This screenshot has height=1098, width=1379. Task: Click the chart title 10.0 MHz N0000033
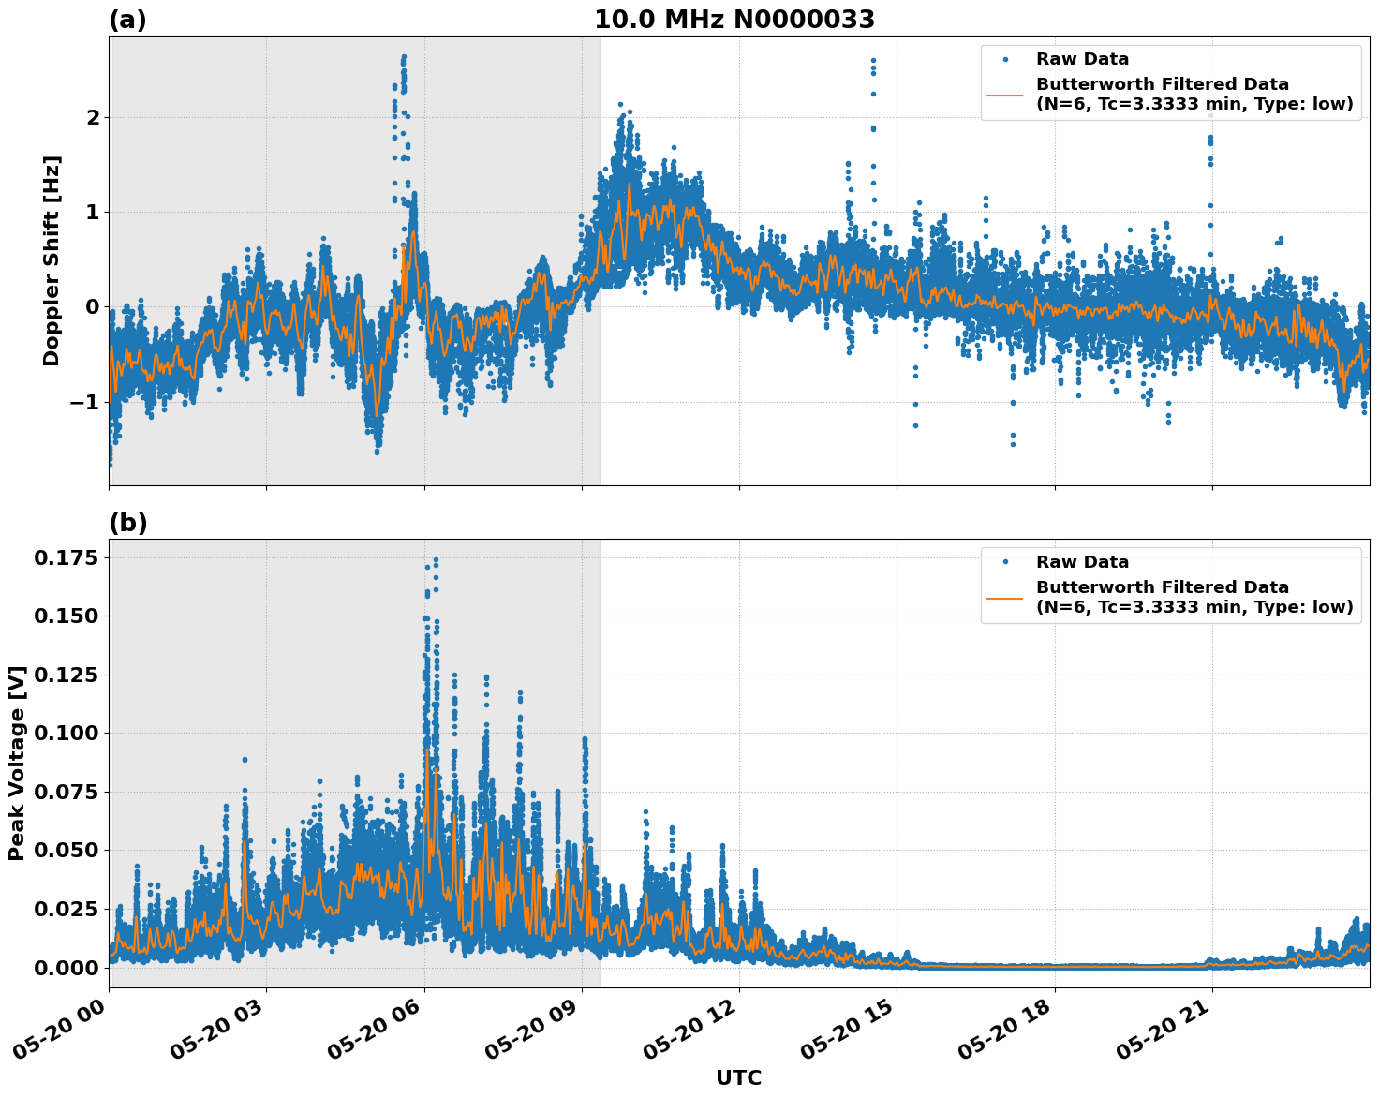point(734,20)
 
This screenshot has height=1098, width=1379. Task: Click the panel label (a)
point(127,20)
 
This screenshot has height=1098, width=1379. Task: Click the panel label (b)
point(127,523)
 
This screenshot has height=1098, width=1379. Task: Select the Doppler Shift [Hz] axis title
point(52,260)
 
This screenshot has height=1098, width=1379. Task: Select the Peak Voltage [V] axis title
point(16,763)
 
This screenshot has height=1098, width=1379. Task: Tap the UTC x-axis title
point(738,1077)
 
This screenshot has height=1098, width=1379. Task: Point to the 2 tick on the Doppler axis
point(93,118)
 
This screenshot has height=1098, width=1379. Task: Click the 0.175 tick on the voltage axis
point(66,558)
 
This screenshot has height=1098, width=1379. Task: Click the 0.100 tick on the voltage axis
point(66,734)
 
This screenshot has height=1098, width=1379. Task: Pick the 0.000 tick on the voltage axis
point(66,967)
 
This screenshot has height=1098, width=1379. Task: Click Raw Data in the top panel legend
point(1082,59)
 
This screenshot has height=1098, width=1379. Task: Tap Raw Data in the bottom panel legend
point(1082,562)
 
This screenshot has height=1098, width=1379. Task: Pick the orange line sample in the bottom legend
point(1005,597)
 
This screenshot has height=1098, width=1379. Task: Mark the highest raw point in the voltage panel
point(436,560)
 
